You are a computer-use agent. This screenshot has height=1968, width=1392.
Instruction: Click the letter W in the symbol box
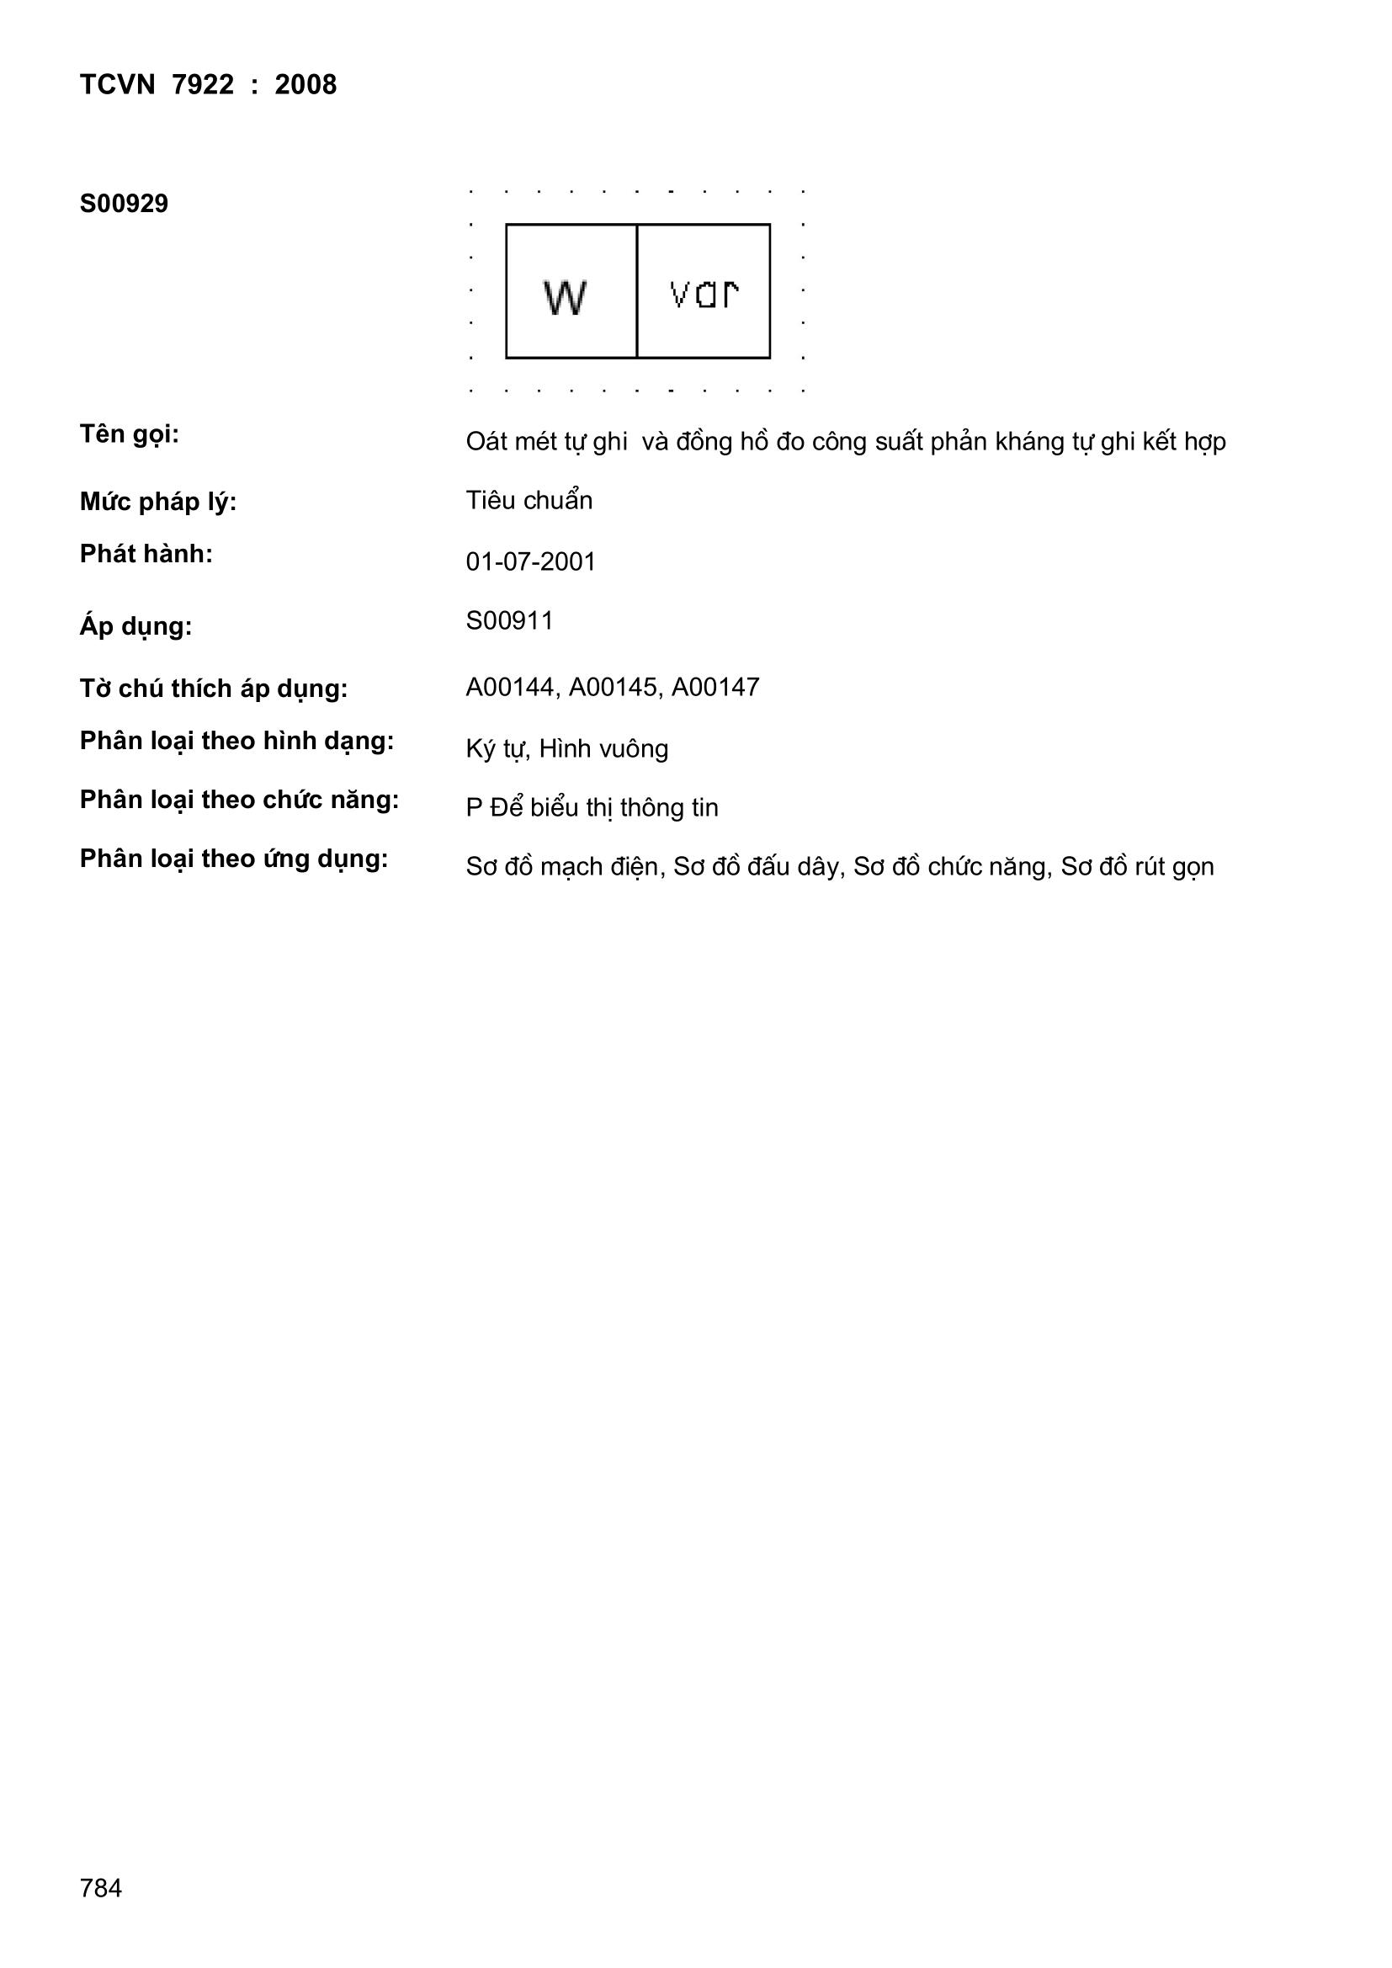565,297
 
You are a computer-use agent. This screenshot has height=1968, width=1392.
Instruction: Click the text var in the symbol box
704,294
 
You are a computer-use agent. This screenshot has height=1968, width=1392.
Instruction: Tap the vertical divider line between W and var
637,291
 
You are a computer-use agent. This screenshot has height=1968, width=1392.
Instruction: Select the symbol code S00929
124,204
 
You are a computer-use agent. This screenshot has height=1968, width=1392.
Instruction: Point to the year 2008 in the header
305,85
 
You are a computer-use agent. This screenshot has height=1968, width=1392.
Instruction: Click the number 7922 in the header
202,85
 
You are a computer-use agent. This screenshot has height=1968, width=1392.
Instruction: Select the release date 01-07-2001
530,561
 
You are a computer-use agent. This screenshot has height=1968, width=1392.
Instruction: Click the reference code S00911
509,620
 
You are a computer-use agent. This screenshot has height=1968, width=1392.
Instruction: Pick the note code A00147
715,688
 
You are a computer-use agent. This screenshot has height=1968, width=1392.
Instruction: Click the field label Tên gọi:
130,434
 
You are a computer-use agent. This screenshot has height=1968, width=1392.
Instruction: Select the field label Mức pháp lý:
157,502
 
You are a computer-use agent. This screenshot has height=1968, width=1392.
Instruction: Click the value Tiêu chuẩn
529,501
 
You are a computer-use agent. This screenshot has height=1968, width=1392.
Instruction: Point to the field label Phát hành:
146,554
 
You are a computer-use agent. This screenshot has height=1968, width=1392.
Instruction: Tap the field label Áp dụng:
135,626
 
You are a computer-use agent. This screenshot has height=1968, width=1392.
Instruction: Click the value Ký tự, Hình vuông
566,749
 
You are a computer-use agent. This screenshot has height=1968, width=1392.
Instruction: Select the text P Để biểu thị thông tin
592,807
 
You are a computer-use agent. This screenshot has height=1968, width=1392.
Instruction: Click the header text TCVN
118,85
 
